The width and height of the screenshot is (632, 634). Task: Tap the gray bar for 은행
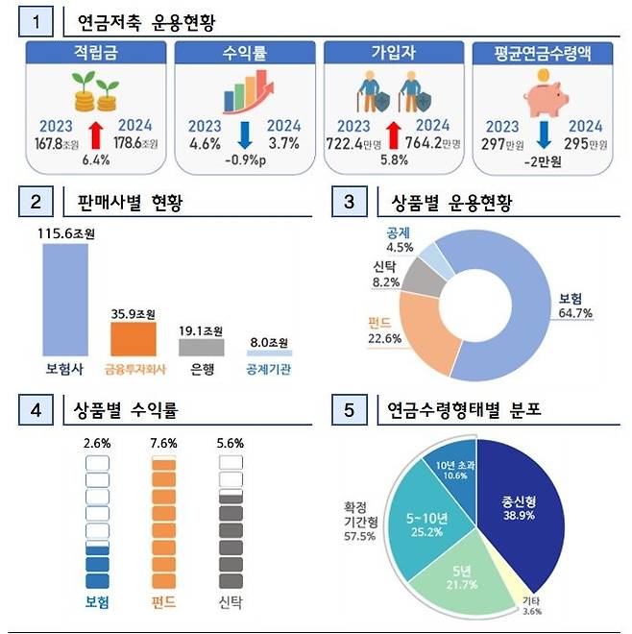pos(201,346)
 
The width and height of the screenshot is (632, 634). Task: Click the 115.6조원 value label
pos(65,233)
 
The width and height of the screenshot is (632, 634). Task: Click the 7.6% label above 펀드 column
pos(164,444)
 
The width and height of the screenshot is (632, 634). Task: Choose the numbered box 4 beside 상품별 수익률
pos(36,411)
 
